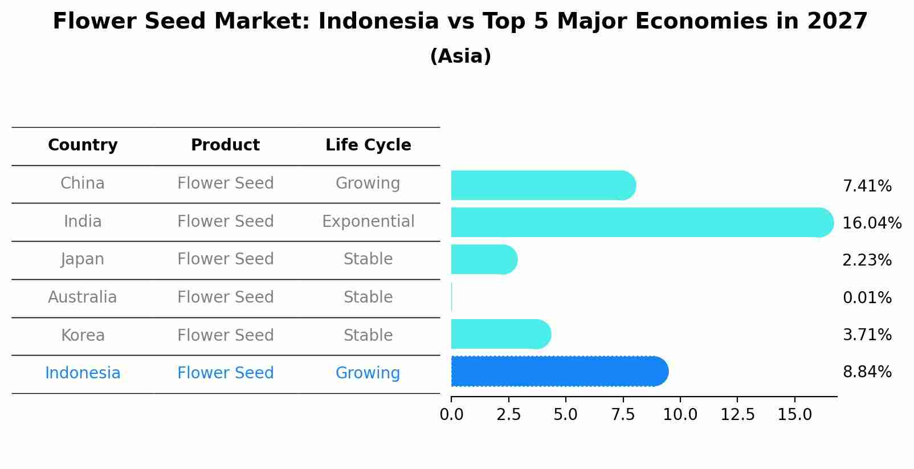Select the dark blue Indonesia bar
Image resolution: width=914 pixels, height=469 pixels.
(x=558, y=372)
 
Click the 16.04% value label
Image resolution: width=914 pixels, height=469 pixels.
(x=871, y=223)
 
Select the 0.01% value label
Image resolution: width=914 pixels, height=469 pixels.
(x=867, y=297)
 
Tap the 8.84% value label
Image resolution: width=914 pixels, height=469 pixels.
(x=867, y=372)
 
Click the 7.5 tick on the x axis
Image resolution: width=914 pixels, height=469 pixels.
(x=623, y=415)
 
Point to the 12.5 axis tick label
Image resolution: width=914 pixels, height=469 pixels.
(x=737, y=415)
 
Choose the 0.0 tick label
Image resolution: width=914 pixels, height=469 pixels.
(x=451, y=415)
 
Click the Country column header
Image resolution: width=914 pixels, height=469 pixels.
(x=83, y=145)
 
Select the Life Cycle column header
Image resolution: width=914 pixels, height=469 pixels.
(x=368, y=145)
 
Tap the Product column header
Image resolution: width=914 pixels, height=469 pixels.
(x=225, y=145)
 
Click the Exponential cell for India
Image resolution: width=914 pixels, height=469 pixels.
(x=368, y=221)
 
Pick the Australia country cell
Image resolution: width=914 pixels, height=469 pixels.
(x=83, y=297)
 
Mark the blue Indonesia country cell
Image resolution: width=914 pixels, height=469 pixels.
(x=83, y=373)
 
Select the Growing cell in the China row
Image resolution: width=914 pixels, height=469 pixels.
(x=368, y=183)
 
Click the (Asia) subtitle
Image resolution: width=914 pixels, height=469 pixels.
(x=460, y=56)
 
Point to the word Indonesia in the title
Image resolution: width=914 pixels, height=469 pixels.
(x=378, y=22)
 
